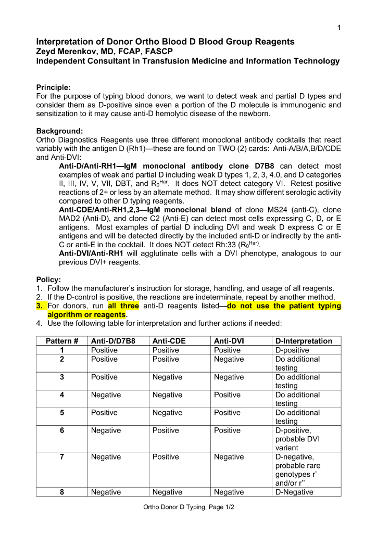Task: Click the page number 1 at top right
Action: click(x=339, y=28)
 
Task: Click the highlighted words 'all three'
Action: click(x=123, y=306)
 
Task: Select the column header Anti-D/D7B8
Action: click(x=113, y=341)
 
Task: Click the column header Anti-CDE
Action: click(x=169, y=341)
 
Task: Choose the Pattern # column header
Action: click(x=62, y=341)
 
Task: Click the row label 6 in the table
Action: click(x=62, y=430)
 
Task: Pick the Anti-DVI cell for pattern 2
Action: click(x=229, y=359)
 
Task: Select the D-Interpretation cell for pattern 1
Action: click(x=292, y=350)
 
